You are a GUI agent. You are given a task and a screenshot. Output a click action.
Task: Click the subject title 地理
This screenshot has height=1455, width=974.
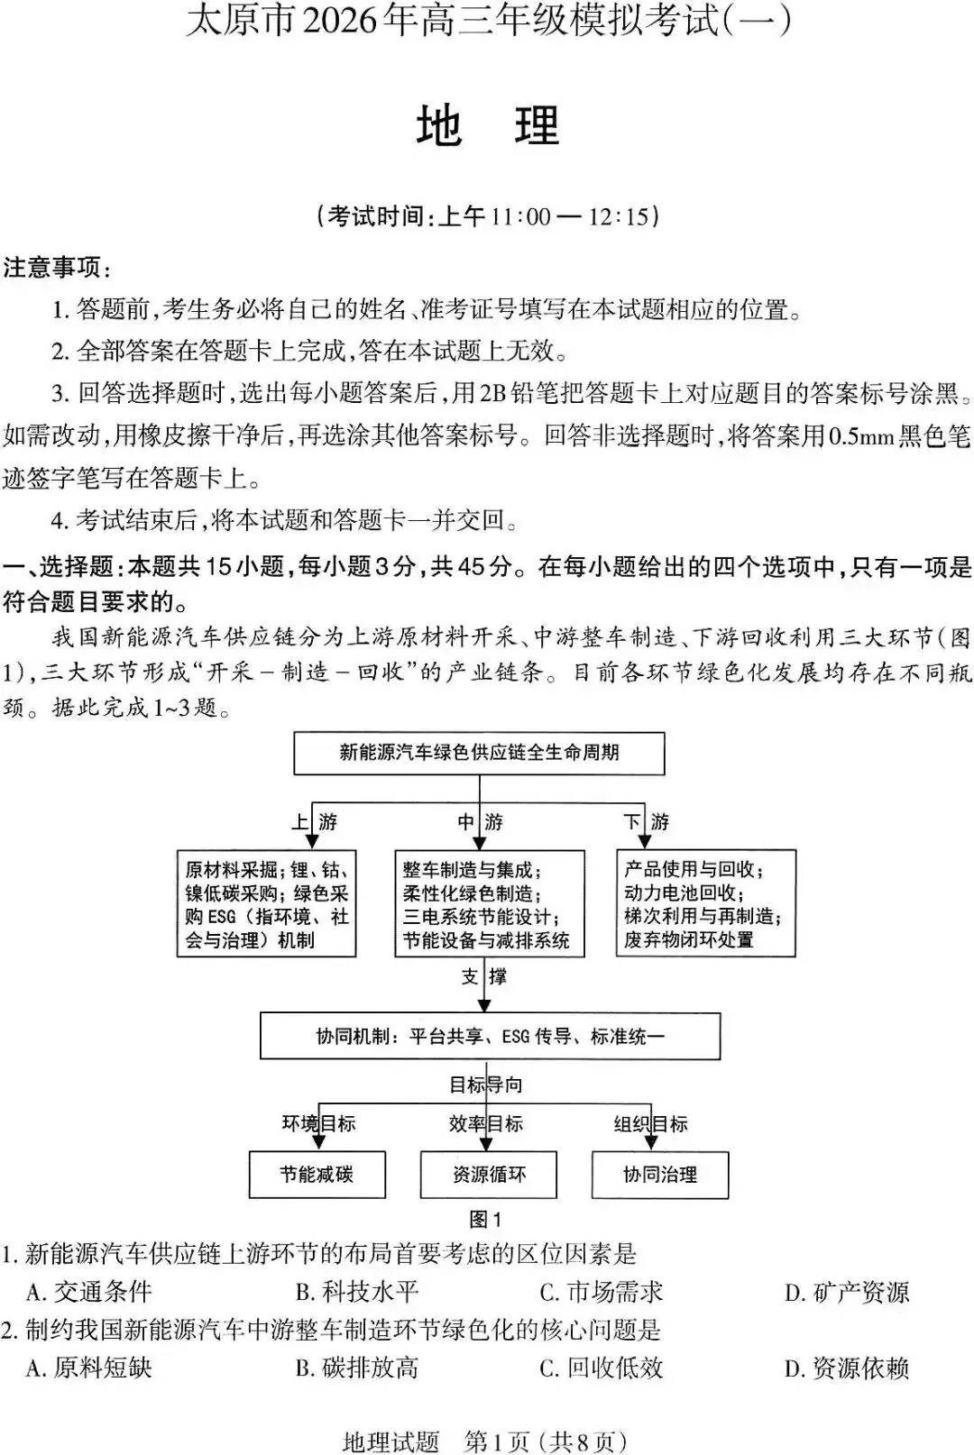click(x=488, y=126)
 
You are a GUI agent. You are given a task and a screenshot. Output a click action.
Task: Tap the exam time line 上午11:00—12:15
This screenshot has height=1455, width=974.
click(x=488, y=216)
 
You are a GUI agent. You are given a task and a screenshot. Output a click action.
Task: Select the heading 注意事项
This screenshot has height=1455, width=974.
click(x=56, y=268)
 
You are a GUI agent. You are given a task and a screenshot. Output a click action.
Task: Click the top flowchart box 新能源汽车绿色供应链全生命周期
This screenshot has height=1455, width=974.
click(x=479, y=753)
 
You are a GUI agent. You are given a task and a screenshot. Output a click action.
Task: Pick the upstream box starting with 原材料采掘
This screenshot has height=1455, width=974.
click(x=266, y=904)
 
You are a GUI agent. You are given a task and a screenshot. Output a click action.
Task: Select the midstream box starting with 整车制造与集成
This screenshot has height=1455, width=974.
click(x=489, y=904)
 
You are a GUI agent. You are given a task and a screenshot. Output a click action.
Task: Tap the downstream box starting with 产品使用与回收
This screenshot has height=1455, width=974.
click(x=705, y=903)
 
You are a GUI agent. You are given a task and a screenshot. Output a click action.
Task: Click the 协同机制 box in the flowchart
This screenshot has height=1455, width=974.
click(x=490, y=1037)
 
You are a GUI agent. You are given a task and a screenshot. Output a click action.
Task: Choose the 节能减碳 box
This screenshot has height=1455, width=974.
click(x=317, y=1175)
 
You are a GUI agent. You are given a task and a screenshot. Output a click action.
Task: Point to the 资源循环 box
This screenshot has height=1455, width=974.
click(x=488, y=1175)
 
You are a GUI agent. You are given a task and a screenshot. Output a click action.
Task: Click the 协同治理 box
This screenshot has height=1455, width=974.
click(x=659, y=1175)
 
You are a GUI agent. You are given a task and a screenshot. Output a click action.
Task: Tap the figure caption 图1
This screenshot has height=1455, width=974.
click(x=485, y=1220)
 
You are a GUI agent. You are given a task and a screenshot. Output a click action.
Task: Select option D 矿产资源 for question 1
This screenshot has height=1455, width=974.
click(x=847, y=1293)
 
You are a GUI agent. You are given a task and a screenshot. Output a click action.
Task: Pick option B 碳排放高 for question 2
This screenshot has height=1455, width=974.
click(x=357, y=1368)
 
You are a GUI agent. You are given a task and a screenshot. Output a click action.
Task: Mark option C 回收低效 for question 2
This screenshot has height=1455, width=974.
click(x=602, y=1368)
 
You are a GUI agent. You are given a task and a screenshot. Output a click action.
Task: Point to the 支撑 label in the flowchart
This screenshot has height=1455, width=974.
click(x=484, y=976)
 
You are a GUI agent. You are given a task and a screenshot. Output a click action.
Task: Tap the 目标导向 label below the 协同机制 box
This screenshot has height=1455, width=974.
click(x=486, y=1084)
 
